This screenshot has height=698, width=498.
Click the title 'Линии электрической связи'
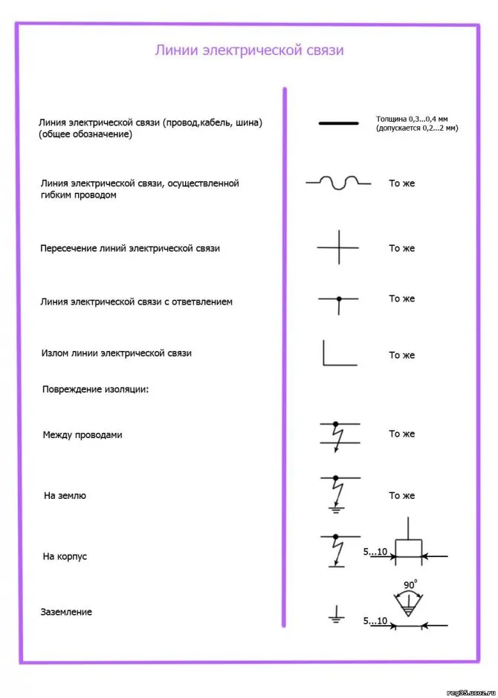[249, 50]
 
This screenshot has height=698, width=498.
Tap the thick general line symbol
[339, 123]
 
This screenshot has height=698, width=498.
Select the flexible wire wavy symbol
[338, 182]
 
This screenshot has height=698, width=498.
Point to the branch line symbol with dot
[339, 300]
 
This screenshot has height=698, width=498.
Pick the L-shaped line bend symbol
[339, 353]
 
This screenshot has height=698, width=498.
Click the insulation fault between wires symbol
[339, 434]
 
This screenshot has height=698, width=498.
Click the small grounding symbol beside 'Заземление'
[336, 614]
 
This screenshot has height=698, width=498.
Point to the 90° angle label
[410, 586]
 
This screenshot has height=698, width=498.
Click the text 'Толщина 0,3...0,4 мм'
[416, 120]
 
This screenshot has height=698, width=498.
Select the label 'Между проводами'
[83, 434]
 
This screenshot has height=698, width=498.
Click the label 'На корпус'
[65, 556]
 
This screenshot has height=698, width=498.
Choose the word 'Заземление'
[67, 612]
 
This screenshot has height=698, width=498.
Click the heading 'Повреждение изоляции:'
[95, 388]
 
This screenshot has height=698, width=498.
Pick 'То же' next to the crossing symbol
[401, 248]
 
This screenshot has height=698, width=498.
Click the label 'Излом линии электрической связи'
[116, 353]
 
